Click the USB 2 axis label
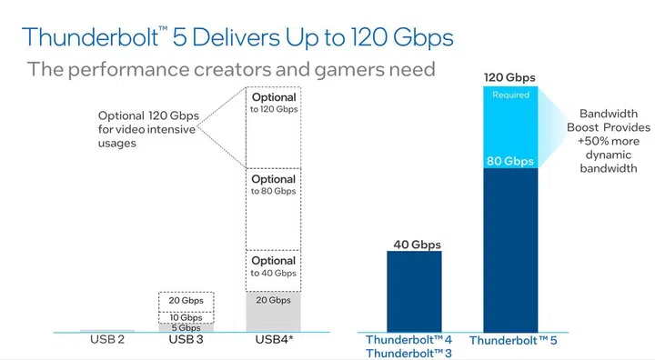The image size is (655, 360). coord(106,341)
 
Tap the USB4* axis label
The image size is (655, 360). coord(274,341)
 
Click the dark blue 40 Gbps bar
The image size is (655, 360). coord(414,291)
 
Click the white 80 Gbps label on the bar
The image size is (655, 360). coord(510,161)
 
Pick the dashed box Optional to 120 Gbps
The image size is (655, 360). coord(274,127)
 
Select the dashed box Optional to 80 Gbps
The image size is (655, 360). coord(274,210)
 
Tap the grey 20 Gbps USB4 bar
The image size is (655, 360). coord(274,312)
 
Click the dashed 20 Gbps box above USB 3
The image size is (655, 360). coord(186,301)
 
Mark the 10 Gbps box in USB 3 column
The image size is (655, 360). coord(186,316)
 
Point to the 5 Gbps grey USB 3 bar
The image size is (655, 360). coord(186,327)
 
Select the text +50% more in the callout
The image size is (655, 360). coord(608,142)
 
